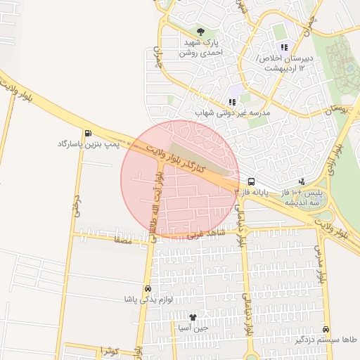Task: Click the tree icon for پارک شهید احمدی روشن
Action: (201, 32)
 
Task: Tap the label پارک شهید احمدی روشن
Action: (201, 47)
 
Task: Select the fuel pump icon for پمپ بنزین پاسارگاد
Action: (87, 134)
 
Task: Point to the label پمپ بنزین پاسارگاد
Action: (81, 144)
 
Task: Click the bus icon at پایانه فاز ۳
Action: (251, 180)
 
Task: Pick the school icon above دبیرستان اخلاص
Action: (284, 47)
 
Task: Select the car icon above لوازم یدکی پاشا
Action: (148, 289)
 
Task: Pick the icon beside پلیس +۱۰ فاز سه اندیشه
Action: (302, 181)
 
